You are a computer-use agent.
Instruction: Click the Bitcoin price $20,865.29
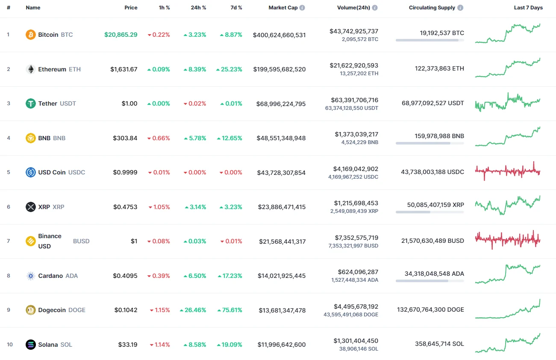point(121,35)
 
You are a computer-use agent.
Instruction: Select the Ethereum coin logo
point(30,69)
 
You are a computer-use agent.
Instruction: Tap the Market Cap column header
point(283,8)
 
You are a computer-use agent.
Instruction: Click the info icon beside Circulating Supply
point(460,8)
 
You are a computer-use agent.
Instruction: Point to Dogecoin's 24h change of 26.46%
point(193,310)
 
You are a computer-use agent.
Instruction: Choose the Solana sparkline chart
point(508,343)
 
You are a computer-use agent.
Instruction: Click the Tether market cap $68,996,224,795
point(281,103)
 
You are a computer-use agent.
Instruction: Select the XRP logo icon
point(30,207)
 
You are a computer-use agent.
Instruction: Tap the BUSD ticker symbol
point(81,241)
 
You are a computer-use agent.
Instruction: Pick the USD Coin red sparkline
point(508,171)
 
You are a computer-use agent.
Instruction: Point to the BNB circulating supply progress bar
point(430,143)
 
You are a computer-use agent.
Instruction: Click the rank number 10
point(10,345)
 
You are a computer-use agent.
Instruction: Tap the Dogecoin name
point(52,310)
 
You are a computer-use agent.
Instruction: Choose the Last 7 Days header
point(528,8)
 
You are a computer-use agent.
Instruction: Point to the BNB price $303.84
point(125,138)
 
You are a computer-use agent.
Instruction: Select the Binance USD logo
point(30,241)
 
